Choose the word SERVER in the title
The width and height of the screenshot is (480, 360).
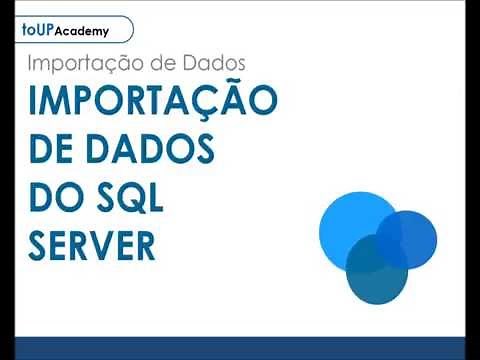93,245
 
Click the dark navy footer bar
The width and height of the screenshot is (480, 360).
240,348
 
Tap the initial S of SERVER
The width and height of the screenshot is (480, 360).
41,245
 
